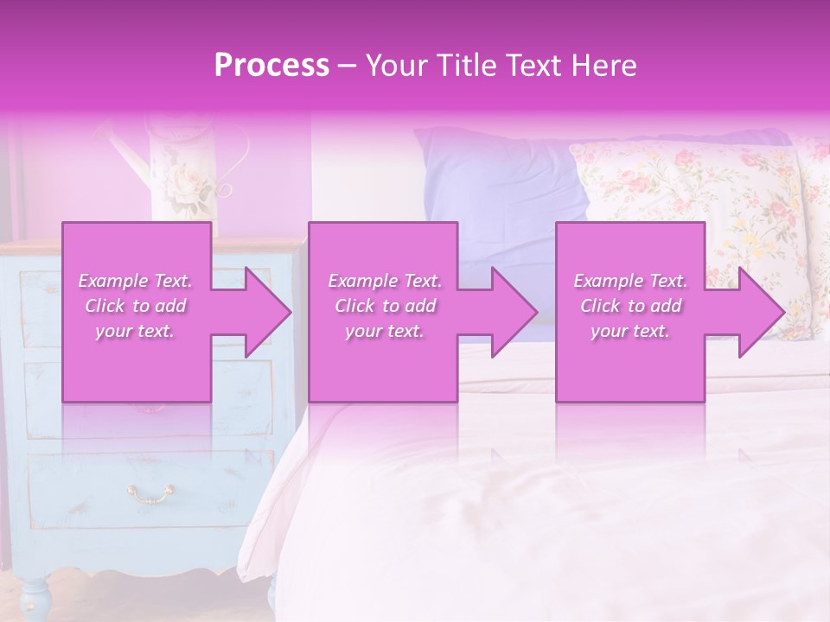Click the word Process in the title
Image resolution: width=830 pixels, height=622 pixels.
tap(271, 66)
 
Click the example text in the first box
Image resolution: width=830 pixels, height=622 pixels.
tap(136, 306)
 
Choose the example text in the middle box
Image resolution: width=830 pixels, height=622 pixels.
tap(384, 306)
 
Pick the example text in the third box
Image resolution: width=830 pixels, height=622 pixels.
tap(630, 306)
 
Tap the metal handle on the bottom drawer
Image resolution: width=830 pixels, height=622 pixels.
tap(151, 493)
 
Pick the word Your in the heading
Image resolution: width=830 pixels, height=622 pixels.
tap(394, 66)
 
